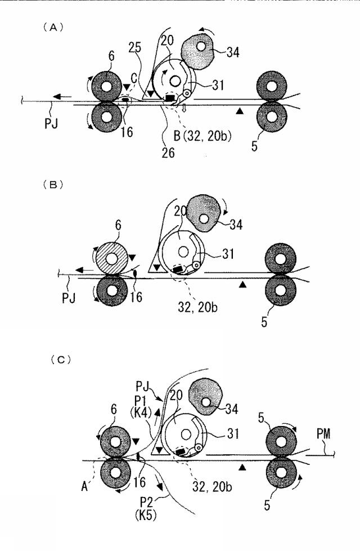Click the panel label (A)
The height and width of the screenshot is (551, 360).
pos(53,28)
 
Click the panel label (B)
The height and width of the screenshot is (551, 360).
pos(53,185)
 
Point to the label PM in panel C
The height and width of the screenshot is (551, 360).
pos(323,433)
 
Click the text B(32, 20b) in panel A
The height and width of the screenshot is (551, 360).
pos(202,135)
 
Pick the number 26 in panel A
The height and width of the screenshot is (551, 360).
pos(168,153)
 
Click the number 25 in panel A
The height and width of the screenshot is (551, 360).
pos(134,47)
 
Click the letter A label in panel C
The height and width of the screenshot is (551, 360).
pos(84,486)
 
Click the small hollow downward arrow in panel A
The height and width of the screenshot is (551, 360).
pos(183,109)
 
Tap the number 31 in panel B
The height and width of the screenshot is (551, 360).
pos(228,254)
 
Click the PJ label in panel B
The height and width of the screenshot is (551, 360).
pos(69,298)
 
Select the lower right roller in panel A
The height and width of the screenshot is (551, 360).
pos(272,117)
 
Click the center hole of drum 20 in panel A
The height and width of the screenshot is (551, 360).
pos(174,81)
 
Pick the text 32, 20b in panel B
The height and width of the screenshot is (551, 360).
pos(197,307)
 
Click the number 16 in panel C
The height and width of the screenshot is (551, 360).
pos(139,482)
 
